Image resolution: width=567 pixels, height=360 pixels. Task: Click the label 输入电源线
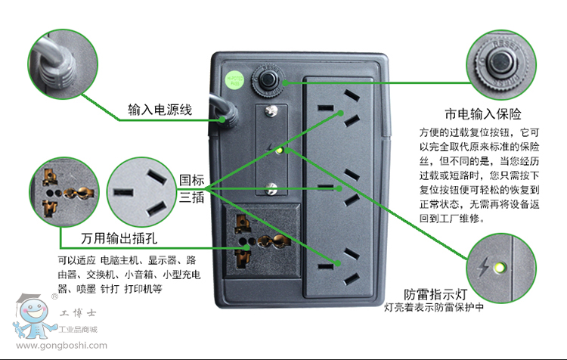pyautogui.click(x=160, y=110)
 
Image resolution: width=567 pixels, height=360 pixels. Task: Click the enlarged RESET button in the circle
pyautogui.click(x=499, y=64)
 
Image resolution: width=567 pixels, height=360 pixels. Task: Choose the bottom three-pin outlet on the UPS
pyautogui.click(x=337, y=262)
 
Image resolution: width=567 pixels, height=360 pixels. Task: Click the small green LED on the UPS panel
pyautogui.click(x=280, y=150)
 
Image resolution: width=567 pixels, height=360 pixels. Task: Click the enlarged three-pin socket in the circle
pyautogui.click(x=142, y=192)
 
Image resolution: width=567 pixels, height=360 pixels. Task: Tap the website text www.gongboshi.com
pyautogui.click(x=60, y=346)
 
